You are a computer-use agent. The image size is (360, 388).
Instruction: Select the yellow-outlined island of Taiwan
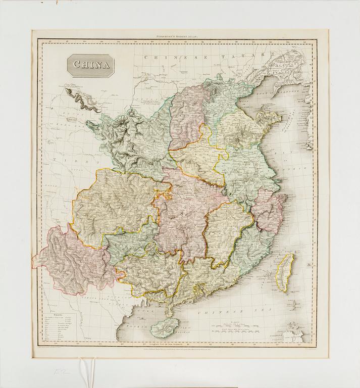[287, 272]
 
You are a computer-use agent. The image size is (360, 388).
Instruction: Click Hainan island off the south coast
[166, 327]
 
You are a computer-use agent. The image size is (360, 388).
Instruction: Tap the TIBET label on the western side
[83, 160]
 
